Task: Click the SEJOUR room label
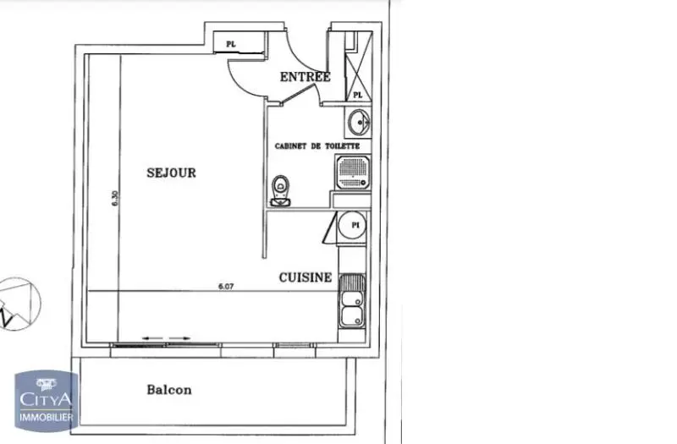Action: (x=171, y=173)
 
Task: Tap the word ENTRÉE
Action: (x=305, y=77)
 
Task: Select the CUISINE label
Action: (x=305, y=277)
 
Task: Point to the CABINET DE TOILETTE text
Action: (x=317, y=146)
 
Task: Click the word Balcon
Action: (x=169, y=390)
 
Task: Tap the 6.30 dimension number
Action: (x=115, y=199)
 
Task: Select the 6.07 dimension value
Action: (x=225, y=287)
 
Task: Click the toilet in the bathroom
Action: (x=279, y=192)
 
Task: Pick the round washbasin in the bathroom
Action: (x=358, y=123)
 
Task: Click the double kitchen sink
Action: (x=352, y=302)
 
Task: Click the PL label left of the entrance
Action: (x=229, y=43)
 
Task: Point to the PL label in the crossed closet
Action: (x=358, y=95)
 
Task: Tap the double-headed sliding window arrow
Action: (x=166, y=338)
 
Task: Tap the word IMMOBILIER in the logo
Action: (x=46, y=417)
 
